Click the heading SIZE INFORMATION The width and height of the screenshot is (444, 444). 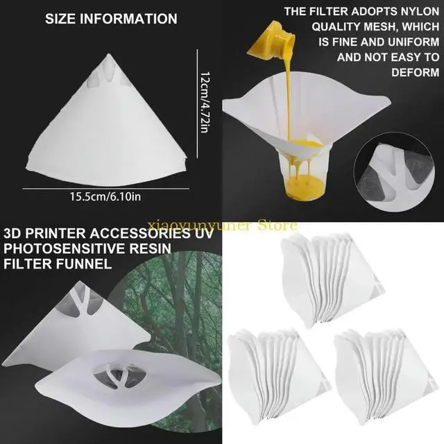[111, 19]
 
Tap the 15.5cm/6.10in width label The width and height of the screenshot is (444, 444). [105, 196]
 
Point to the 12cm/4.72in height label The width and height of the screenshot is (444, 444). [205, 103]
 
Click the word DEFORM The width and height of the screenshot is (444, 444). [416, 72]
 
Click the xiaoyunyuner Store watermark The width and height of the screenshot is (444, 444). [222, 225]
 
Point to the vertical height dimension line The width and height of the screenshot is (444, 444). [197, 103]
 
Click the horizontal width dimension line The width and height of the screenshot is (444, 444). [105, 188]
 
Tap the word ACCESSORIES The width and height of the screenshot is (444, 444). [140, 233]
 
